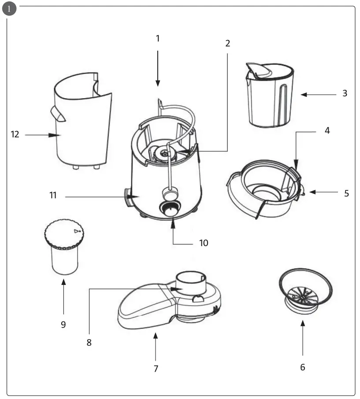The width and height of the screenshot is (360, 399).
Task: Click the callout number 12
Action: [15, 135]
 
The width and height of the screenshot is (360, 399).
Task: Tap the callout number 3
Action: [345, 93]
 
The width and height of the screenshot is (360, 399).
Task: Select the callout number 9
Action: [63, 325]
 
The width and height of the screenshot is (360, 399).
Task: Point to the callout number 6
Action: [303, 367]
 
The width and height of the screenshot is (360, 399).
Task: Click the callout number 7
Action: [156, 369]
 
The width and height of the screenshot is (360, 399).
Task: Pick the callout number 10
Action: [204, 243]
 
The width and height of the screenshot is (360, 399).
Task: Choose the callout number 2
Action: [227, 43]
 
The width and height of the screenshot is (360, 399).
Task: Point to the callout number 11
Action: [53, 195]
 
